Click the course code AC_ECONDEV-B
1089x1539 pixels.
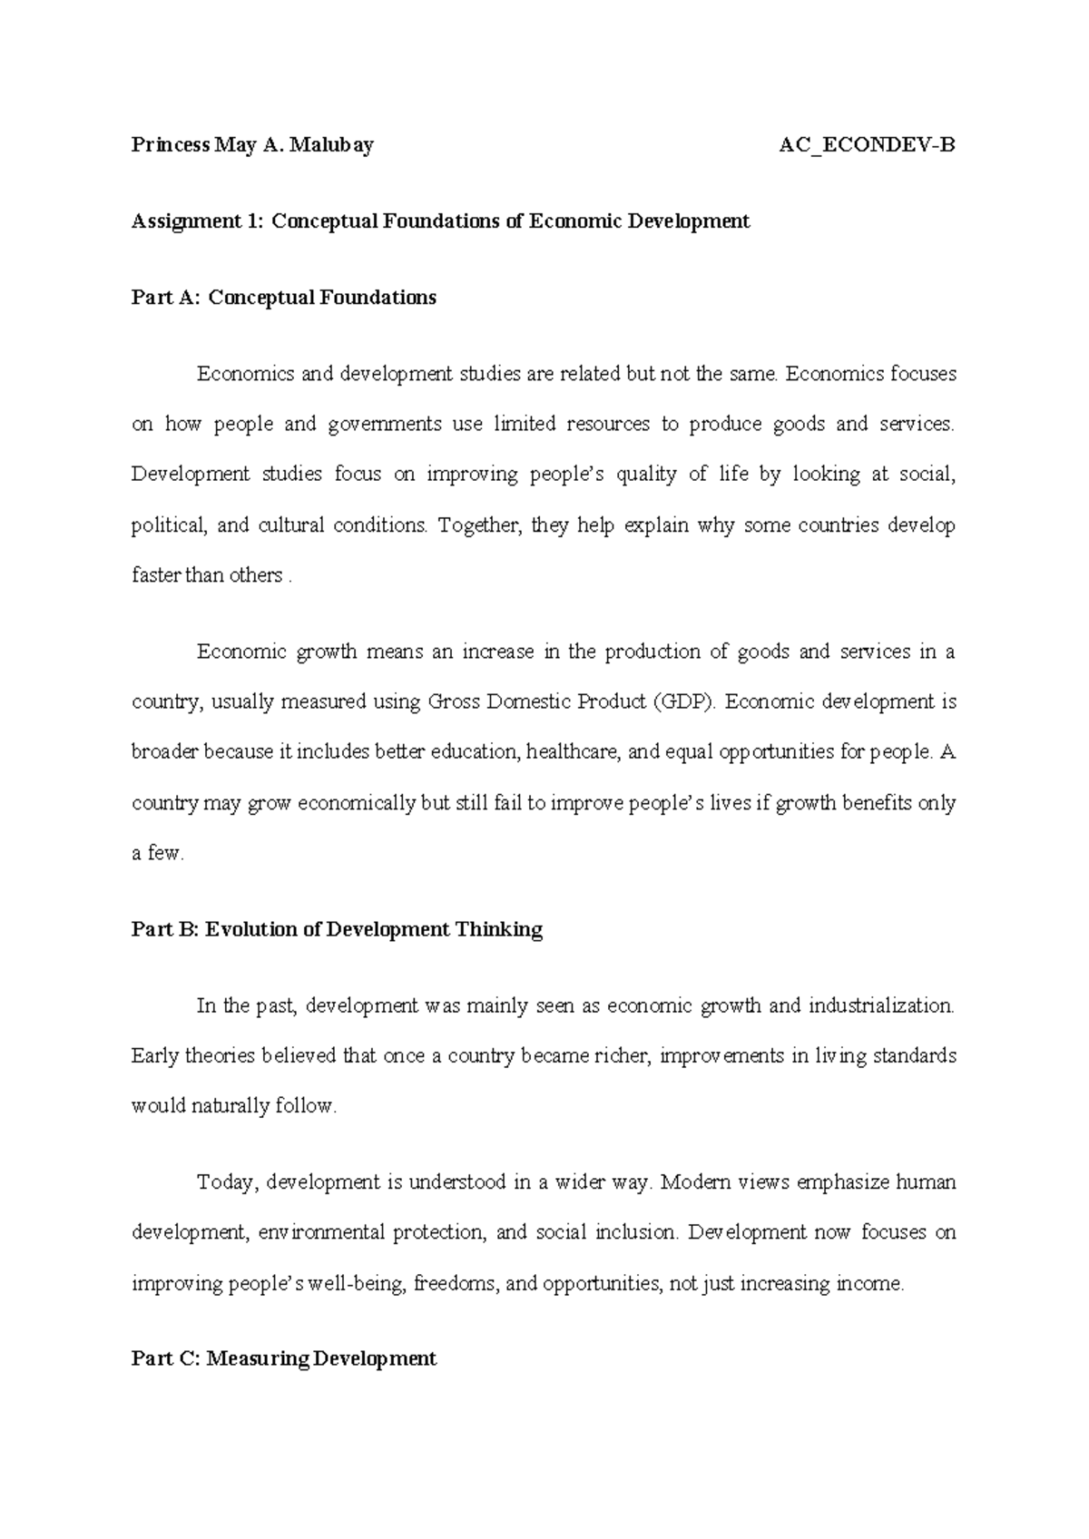point(867,145)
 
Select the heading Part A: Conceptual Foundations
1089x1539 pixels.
point(283,298)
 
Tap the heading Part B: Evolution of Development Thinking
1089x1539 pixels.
point(337,929)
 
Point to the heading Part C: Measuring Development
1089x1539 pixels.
point(283,1358)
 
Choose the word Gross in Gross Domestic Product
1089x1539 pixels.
point(454,701)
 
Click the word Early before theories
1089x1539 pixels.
point(155,1056)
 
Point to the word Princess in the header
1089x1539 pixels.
point(170,145)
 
